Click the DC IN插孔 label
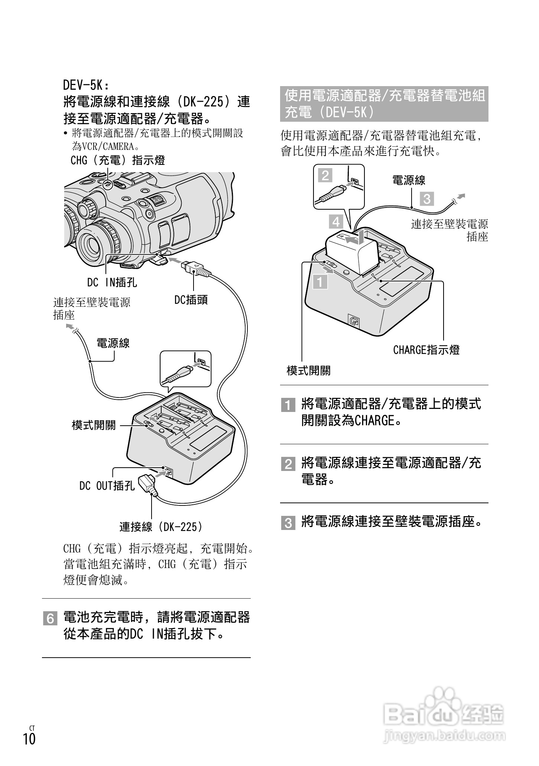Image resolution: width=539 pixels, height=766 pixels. tap(112, 283)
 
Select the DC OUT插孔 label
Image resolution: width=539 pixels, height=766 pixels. tap(107, 485)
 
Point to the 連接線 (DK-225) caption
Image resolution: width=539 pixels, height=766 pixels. tap(162, 527)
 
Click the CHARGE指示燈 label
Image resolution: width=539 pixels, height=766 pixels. tap(426, 350)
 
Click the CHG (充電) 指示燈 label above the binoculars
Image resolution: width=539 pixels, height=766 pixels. tap(117, 161)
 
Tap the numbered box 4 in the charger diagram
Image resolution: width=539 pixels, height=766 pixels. tap(336, 222)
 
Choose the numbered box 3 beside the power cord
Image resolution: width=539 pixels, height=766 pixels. tap(427, 199)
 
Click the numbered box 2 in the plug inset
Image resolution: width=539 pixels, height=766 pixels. tap(325, 175)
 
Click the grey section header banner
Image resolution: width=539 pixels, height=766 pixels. tap(384, 104)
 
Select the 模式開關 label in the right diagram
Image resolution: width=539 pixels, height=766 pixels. tap(308, 370)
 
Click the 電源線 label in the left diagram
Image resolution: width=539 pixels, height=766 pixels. tap(113, 343)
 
